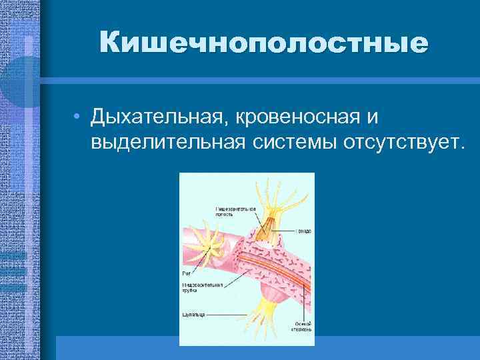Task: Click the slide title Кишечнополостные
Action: (263, 43)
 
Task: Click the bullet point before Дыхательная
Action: (78, 119)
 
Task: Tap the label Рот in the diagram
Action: (187, 273)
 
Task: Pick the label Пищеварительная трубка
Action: (199, 289)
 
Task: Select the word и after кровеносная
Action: (371, 118)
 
